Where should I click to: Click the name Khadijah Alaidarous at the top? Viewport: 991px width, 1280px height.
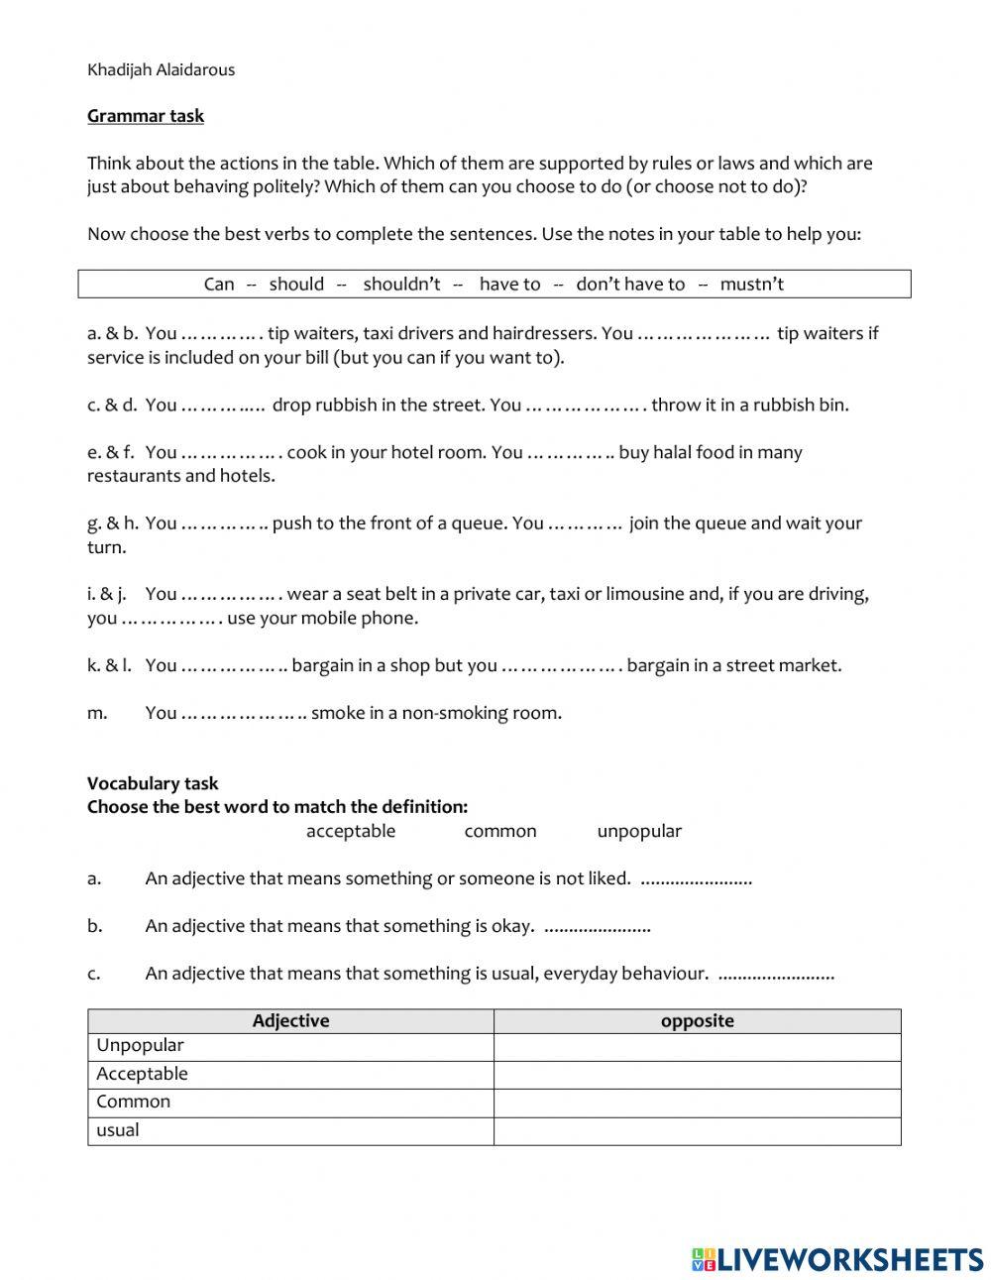coord(161,69)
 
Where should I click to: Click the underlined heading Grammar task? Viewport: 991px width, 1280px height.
coord(146,116)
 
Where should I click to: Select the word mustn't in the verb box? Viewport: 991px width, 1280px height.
coord(751,285)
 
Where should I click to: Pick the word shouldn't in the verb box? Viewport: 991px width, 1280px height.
coord(401,285)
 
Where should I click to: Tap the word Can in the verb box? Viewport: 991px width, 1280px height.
coord(219,285)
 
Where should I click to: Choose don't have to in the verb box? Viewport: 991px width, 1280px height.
coord(630,285)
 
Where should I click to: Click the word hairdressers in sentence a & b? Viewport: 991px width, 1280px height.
coord(545,333)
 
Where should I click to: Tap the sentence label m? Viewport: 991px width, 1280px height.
coord(97,713)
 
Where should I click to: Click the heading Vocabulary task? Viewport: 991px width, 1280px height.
coord(153,783)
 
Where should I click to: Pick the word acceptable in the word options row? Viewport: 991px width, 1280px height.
coord(351,831)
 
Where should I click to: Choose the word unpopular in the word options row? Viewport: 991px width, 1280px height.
coord(639,831)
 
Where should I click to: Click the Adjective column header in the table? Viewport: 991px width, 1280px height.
coord(290,1021)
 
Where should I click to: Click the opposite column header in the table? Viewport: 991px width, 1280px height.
coord(698,1021)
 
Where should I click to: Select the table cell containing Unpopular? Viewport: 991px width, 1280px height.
coord(290,1046)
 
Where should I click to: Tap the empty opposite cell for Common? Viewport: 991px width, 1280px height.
coord(698,1103)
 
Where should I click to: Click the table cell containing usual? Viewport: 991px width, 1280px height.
coord(290,1130)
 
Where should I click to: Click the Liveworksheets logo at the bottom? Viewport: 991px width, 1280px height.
coord(837,1259)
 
